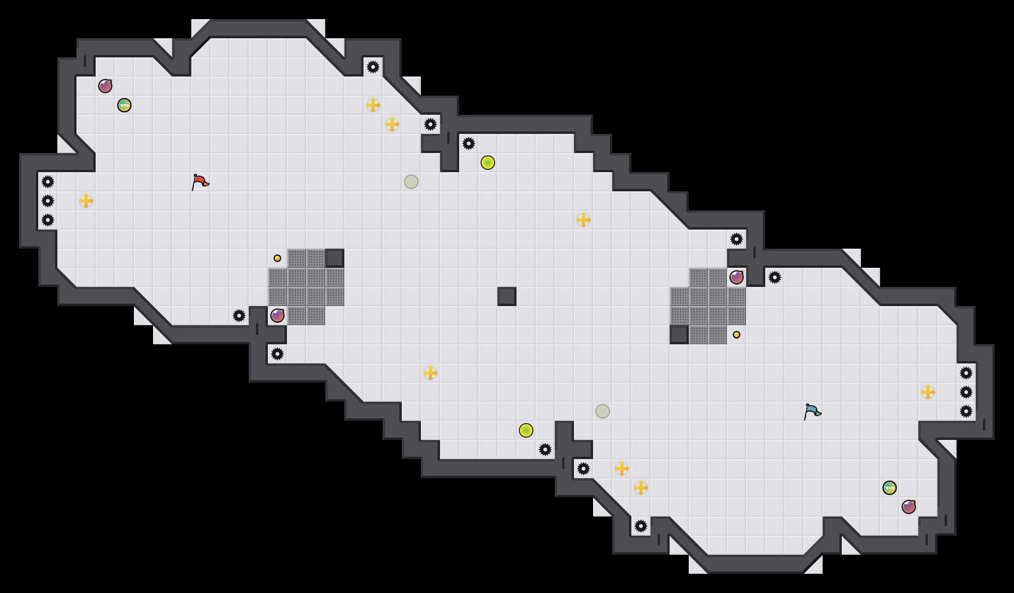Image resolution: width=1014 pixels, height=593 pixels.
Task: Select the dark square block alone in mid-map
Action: tap(507, 296)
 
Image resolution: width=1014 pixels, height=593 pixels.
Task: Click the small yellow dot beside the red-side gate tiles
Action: tap(277, 258)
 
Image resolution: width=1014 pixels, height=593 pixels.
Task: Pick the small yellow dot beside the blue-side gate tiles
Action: tap(737, 335)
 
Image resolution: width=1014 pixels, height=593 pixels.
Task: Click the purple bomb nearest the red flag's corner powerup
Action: tap(105, 86)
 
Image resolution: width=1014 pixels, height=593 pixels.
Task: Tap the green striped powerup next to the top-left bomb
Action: tap(124, 105)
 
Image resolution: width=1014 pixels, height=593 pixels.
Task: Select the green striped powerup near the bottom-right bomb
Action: tap(890, 488)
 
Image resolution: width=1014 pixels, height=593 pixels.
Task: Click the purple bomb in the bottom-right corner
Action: tap(909, 507)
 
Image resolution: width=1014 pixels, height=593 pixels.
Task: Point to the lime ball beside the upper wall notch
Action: tap(488, 163)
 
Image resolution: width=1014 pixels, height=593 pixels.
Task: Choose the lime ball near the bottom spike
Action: tap(526, 430)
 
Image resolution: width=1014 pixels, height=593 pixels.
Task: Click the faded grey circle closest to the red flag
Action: tap(411, 182)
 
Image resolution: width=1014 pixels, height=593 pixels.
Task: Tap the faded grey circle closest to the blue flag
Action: tap(603, 411)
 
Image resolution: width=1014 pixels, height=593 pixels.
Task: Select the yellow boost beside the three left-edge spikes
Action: tap(86, 201)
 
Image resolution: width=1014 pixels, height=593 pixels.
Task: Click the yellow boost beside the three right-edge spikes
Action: tap(928, 392)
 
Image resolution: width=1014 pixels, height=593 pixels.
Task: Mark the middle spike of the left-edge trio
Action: tap(48, 201)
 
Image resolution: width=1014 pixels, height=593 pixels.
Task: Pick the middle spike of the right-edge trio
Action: tap(966, 392)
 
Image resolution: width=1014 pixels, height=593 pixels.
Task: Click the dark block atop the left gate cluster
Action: tap(335, 258)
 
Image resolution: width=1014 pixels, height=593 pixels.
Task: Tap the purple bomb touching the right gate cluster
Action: tap(737, 277)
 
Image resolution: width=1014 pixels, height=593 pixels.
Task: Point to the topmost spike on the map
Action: tap(373, 67)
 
